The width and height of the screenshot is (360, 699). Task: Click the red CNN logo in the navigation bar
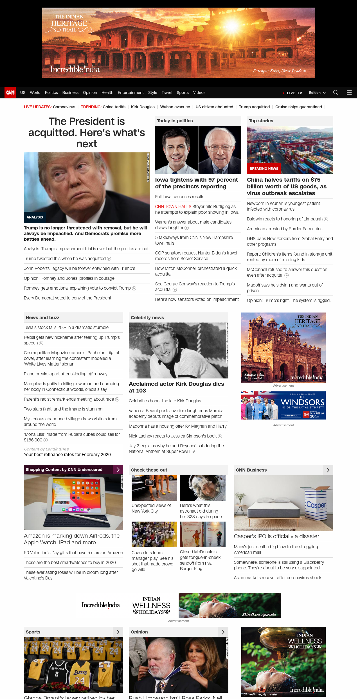pos(10,93)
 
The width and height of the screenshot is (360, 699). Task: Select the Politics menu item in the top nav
pos(51,93)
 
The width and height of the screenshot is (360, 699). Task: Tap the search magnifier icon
pos(336,93)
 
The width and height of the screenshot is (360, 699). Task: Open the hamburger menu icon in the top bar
pos(349,93)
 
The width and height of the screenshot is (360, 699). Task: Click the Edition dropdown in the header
pos(317,93)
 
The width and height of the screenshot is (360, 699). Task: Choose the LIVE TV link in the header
pos(294,93)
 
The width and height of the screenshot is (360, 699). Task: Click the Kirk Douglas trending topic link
pos(143,107)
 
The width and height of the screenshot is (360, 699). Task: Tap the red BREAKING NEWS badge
pos(264,169)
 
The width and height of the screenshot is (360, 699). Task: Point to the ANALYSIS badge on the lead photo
pos(35,217)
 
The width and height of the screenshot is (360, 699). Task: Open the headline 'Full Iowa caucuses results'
pos(180,197)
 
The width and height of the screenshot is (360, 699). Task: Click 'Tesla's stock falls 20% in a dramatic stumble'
pos(66,328)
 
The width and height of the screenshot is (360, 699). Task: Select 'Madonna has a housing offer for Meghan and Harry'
pos(177,426)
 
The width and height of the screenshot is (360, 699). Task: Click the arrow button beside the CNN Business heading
pos(328,470)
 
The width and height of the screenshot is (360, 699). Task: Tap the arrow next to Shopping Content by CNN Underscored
pos(118,470)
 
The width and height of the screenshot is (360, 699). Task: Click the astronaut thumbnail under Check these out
pos(202,488)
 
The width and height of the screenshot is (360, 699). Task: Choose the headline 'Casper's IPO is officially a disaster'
pos(276,536)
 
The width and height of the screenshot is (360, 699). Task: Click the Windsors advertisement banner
pos(283,405)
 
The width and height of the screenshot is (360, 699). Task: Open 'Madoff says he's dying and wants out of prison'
pos(285,288)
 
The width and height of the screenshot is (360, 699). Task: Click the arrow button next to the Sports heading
pos(118,632)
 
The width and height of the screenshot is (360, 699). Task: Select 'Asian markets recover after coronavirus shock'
pos(278,578)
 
